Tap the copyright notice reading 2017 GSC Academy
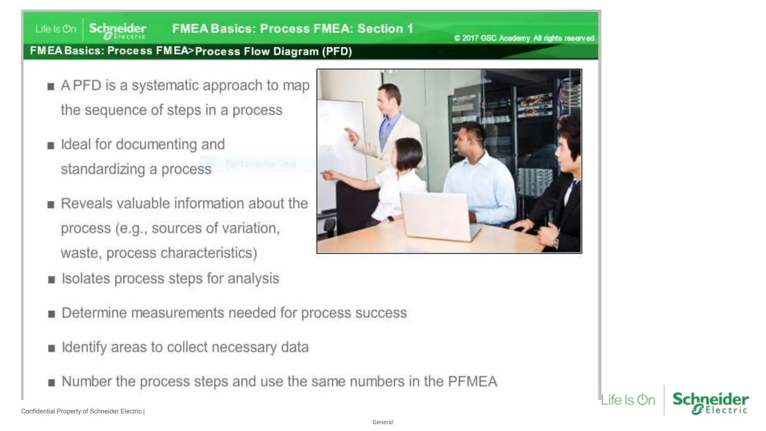524,38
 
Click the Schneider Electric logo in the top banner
117,30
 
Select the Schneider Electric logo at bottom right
710,403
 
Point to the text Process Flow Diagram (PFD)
273,51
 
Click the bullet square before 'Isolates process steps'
52,279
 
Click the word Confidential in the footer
38,411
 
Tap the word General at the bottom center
383,422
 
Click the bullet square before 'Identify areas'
52,348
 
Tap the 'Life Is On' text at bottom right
628,400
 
